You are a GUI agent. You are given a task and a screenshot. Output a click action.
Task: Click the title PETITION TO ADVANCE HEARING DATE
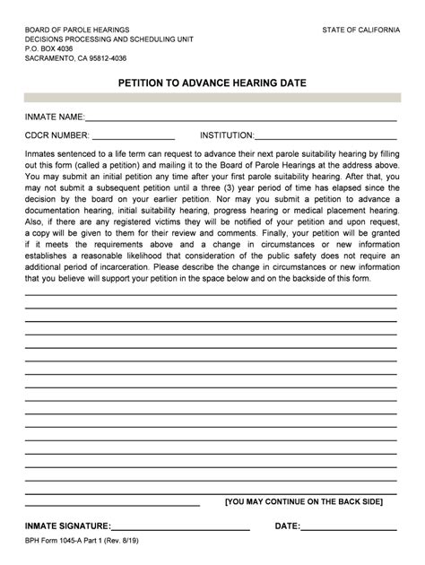pyautogui.click(x=212, y=82)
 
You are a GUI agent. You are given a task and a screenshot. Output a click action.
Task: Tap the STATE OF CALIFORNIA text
pyautogui.click(x=360, y=30)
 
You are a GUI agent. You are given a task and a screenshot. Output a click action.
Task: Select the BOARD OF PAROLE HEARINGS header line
pyautogui.click(x=74, y=30)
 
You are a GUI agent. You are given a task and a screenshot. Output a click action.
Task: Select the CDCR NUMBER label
pyautogui.click(x=56, y=135)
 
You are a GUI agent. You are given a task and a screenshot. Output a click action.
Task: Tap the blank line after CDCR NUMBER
pyautogui.click(x=134, y=138)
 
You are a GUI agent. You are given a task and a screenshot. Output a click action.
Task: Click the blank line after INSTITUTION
pyautogui.click(x=326, y=138)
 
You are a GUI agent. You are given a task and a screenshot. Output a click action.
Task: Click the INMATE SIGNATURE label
pyautogui.click(x=68, y=526)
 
